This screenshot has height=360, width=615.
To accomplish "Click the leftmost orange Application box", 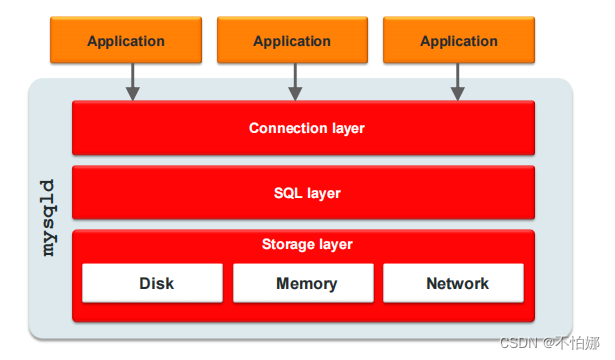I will coord(125,41).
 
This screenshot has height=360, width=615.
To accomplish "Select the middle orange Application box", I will coord(292,41).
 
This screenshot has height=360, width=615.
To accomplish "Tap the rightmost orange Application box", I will coord(459,41).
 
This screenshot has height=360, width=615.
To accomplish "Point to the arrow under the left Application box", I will coord(132,80).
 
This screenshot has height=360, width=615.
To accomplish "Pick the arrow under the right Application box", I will coord(458,80).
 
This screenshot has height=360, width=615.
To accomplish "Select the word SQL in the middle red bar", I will coord(288,192).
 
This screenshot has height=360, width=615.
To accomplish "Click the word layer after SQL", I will coord(322,192).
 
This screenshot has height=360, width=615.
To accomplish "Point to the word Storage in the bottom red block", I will coord(288,244).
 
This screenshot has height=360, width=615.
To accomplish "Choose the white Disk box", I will coord(152,284).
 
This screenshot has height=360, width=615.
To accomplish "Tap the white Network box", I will coord(454,284).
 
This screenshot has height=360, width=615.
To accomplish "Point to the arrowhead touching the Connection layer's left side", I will coord(132,94).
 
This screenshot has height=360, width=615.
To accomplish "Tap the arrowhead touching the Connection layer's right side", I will coord(458,94).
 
